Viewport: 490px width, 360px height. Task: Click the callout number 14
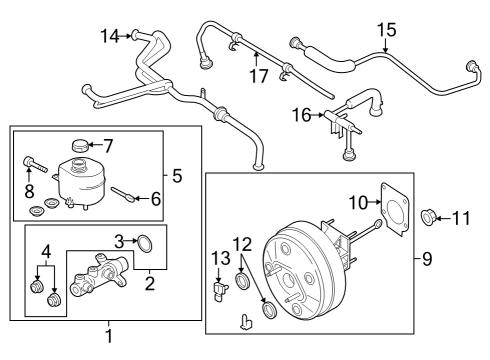click(109, 37)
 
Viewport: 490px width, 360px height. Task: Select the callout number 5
click(176, 177)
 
